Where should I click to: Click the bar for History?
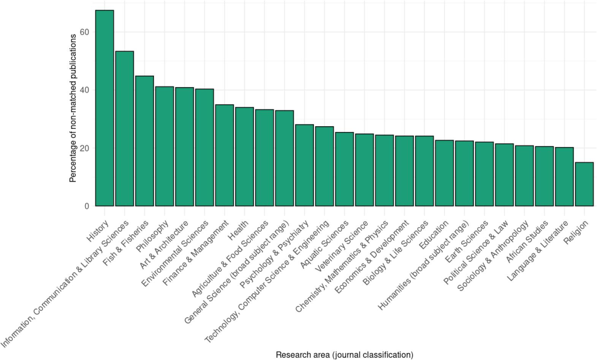coord(105,108)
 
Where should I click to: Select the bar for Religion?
coord(584,184)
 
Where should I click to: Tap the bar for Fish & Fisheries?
coord(144,141)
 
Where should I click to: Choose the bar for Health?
coord(244,157)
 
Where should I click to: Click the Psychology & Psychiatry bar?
coord(304,165)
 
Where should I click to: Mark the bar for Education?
coord(444,173)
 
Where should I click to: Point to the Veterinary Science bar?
coord(364,170)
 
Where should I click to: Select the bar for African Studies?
coord(544,176)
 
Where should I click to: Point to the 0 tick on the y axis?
coord(87,206)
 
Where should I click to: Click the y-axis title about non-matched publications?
coord(73,108)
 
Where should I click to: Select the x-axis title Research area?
coord(344,355)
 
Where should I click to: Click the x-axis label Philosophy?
coord(152,236)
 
